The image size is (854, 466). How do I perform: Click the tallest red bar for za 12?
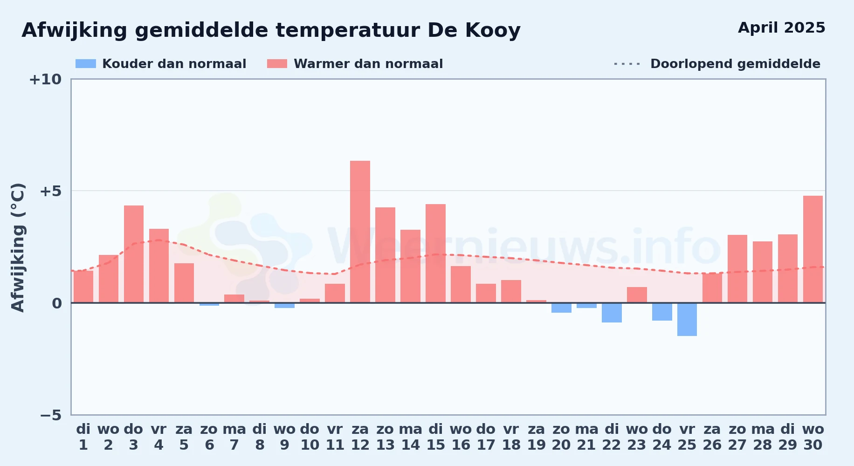(x=360, y=232)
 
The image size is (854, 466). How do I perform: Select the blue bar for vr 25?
(x=687, y=319)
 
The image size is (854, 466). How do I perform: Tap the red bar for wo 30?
(x=813, y=249)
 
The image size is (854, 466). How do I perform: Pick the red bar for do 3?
(x=134, y=254)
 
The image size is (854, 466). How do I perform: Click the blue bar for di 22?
(x=612, y=313)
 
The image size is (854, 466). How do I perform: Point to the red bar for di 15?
(x=435, y=254)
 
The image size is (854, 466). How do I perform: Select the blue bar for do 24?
(x=662, y=312)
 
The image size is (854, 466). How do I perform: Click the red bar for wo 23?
(x=637, y=295)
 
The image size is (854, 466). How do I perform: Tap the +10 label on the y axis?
(x=45, y=80)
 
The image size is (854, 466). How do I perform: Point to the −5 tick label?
(x=50, y=415)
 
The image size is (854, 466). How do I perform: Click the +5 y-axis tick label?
(x=50, y=191)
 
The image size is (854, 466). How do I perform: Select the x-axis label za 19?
(x=536, y=437)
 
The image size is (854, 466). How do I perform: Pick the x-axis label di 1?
(x=83, y=437)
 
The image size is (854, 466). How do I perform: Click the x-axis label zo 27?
(x=737, y=437)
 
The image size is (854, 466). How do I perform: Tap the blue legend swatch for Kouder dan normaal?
(x=86, y=64)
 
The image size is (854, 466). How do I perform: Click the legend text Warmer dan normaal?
(x=368, y=64)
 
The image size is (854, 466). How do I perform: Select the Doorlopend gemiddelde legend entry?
(x=717, y=64)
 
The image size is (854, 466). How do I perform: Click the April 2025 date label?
(x=782, y=28)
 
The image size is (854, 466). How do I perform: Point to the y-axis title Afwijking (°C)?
(x=18, y=247)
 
